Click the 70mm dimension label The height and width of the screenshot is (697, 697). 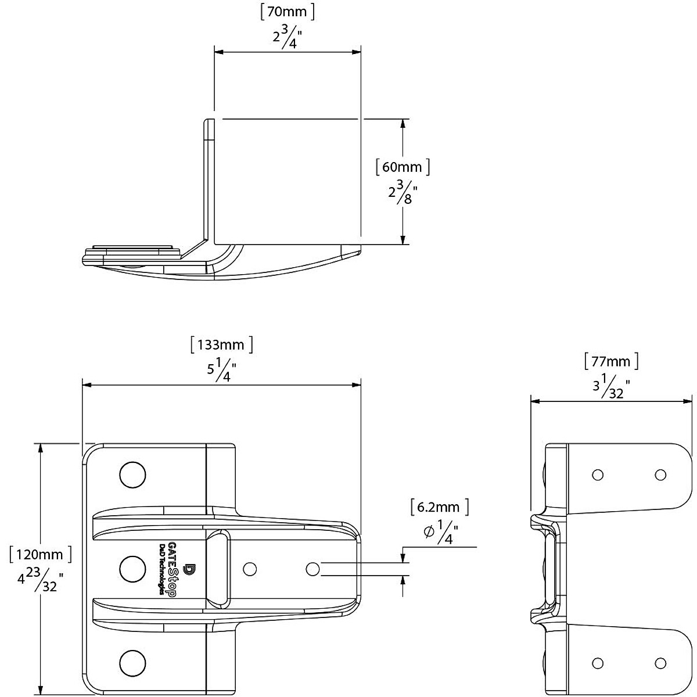[287, 12]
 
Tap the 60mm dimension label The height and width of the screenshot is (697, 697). [403, 167]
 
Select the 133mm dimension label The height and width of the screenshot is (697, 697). [221, 344]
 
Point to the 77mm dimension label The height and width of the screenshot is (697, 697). [611, 361]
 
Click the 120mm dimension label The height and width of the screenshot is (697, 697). [41, 555]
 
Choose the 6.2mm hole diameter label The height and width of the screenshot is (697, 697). [440, 506]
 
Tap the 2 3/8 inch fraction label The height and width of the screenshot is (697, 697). [403, 192]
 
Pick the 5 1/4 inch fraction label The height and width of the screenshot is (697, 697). [221, 369]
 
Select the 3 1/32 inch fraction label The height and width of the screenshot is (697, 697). [611, 387]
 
